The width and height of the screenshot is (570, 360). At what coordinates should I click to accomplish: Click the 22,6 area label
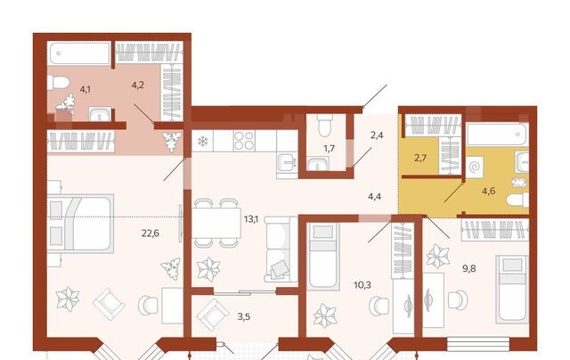pos(151,233)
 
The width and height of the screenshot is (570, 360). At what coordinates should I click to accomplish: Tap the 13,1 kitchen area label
pos(251,218)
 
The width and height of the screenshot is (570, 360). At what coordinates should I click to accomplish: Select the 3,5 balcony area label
pos(244,316)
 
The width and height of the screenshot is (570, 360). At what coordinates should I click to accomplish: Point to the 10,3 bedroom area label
pos(362,285)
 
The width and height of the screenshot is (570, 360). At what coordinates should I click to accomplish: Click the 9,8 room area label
pos(469,269)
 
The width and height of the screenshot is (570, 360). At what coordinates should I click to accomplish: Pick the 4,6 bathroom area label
pos(489,191)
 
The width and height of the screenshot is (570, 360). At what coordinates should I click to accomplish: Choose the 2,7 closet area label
pos(419,158)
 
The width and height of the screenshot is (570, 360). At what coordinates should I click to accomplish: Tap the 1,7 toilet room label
pos(329,148)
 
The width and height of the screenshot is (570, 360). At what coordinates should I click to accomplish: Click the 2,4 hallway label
pos(377,135)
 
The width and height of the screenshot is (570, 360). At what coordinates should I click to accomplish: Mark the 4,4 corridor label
pos(374,197)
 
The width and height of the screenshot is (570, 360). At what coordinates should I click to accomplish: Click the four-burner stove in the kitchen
pos(244,141)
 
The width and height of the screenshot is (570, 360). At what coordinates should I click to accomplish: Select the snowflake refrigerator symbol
pos(202,141)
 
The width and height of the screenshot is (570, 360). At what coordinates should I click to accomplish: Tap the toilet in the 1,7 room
pos(323,126)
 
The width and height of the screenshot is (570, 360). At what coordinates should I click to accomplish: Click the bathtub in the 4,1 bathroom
pos(80,53)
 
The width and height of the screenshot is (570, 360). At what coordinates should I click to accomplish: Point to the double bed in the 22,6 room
pos(80,223)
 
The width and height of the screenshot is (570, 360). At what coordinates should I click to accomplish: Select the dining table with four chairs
pos(216,223)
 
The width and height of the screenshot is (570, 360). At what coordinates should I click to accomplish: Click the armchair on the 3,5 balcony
pos(213,315)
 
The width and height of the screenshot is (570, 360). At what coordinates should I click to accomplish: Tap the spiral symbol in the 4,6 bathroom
pos(475,168)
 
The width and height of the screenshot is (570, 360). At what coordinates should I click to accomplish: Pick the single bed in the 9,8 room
pos(513,289)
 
